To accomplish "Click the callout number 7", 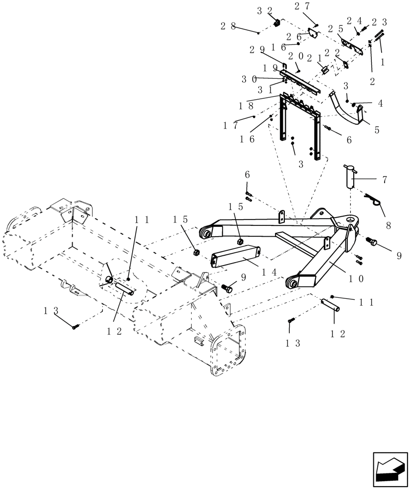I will (385, 180).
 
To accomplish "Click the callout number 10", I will (356, 279).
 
